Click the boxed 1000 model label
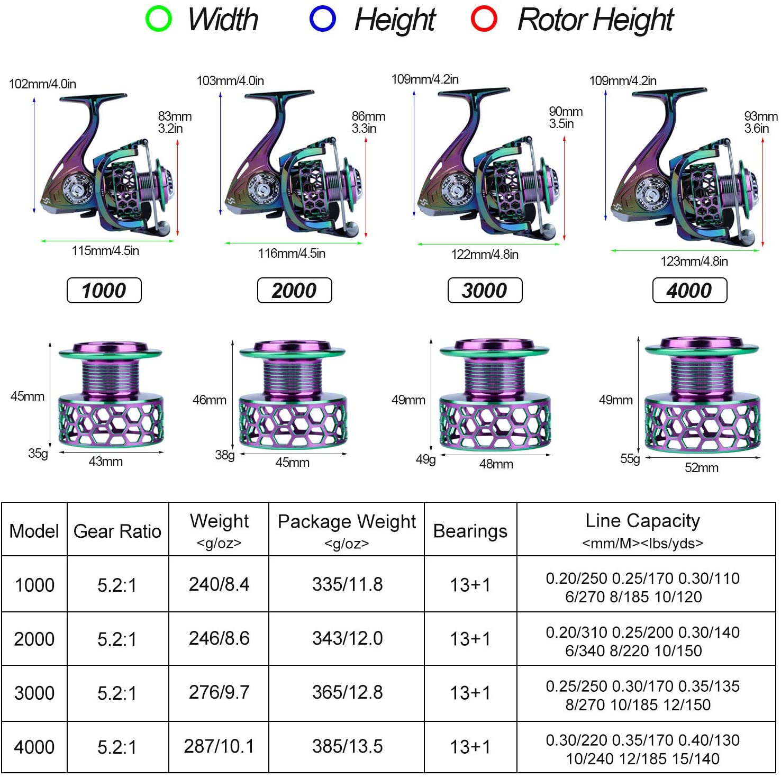(x=104, y=291)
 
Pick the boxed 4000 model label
(x=689, y=291)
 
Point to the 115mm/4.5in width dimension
(x=105, y=251)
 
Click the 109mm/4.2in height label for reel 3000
(x=425, y=79)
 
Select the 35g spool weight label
(x=38, y=454)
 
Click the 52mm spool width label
(x=702, y=468)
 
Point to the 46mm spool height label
(x=210, y=400)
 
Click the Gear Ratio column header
(x=117, y=531)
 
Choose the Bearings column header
(x=470, y=531)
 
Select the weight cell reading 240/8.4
(x=219, y=584)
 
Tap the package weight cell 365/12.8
(x=347, y=692)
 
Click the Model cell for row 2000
(x=34, y=639)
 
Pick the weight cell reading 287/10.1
(x=219, y=746)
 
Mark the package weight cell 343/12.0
(x=347, y=638)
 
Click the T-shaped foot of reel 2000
(x=279, y=94)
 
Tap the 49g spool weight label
(x=425, y=459)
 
